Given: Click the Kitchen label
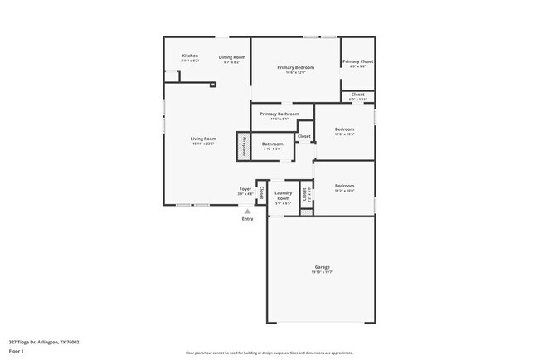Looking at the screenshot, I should point(190,56).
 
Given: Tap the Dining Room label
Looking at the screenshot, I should point(232,57).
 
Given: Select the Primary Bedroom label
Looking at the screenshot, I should point(296,67).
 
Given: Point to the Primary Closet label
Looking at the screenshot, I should point(357,61).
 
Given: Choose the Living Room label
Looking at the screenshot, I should point(203,139).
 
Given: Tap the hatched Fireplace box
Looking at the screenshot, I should point(244,145).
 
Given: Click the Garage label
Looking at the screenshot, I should point(322,267).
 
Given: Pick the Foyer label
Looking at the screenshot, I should point(245,189).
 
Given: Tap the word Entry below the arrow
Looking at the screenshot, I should point(247,219).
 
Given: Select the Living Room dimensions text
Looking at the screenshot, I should point(203,144).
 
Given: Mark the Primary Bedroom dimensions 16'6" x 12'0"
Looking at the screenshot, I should point(296,73).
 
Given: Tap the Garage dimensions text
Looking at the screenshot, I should point(322,272).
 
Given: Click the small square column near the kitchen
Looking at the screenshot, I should point(213,85).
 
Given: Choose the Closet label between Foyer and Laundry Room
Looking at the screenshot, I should point(262,192).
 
